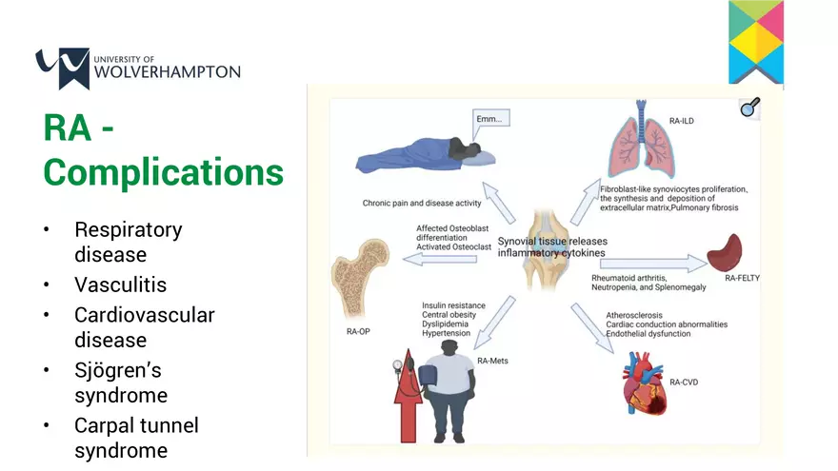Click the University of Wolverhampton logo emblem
(x=62, y=68)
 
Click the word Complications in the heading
(x=163, y=173)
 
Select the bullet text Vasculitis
(x=120, y=285)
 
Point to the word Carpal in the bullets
(x=109, y=425)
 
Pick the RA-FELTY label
(x=748, y=279)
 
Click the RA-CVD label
(x=685, y=382)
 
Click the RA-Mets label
(x=492, y=361)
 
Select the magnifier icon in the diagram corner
(x=750, y=108)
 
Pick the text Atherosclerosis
(x=634, y=315)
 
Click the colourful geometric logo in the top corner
(x=756, y=42)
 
